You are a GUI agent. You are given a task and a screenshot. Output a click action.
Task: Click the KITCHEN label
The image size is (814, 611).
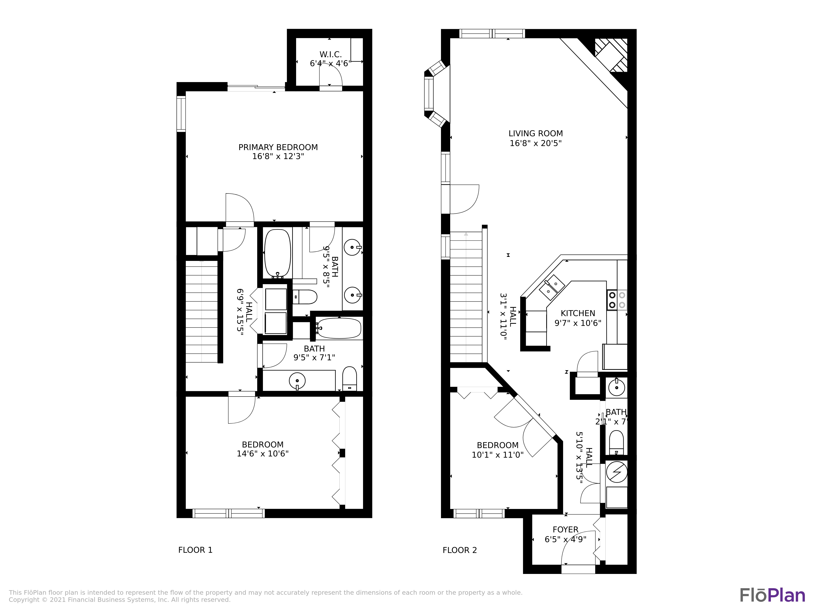(x=578, y=313)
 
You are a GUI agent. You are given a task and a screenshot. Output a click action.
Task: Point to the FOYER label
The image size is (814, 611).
(x=565, y=530)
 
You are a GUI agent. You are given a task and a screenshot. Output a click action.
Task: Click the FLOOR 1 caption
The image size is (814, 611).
(x=195, y=550)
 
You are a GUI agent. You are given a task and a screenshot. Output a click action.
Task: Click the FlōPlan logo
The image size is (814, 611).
(x=772, y=596)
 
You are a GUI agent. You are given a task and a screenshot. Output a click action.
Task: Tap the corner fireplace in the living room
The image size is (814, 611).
(x=611, y=55)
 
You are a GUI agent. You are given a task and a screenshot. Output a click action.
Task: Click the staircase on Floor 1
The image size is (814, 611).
(x=202, y=311)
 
